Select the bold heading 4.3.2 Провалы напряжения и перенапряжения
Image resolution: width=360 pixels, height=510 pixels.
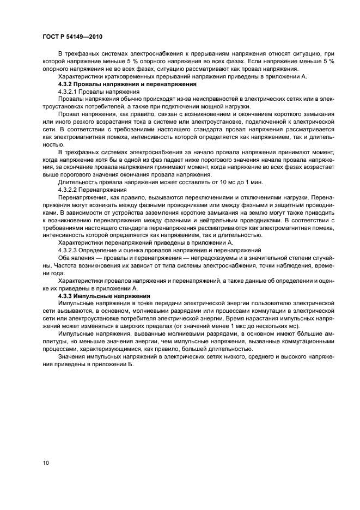[x=127, y=86]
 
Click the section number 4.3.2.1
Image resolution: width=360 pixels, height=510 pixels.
[x=69, y=93]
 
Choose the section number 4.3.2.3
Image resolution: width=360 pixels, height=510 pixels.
[x=69, y=250]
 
